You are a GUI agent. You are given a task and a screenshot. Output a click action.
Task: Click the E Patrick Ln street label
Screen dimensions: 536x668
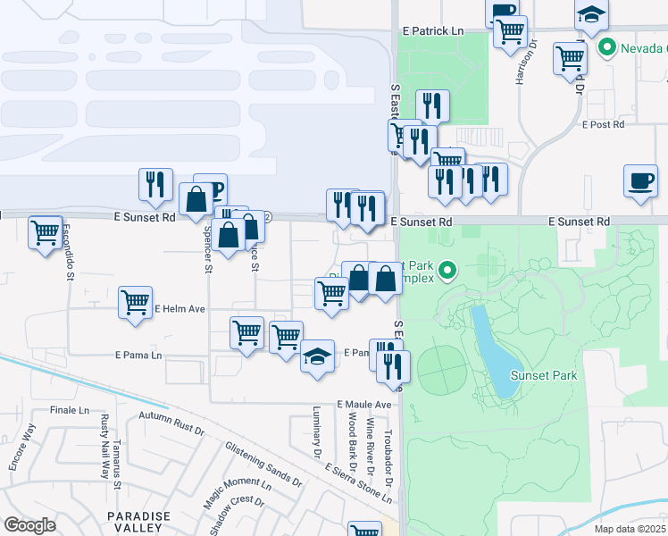click(433, 30)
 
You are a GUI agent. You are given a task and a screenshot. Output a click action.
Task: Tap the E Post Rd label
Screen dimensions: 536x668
click(603, 124)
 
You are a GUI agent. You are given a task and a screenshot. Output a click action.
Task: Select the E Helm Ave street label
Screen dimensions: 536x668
click(180, 309)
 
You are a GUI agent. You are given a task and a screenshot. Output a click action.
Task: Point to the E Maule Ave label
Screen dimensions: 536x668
click(364, 405)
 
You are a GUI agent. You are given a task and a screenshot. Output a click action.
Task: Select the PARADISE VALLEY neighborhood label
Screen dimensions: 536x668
click(138, 523)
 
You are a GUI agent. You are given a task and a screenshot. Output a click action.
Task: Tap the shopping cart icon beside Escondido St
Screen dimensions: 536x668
click(46, 234)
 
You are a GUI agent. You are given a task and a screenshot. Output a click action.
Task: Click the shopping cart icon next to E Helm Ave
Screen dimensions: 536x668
click(135, 302)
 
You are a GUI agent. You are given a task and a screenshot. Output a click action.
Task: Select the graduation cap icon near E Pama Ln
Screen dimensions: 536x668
click(317, 357)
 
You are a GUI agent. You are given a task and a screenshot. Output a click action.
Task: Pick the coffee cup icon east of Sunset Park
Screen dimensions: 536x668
click(640, 180)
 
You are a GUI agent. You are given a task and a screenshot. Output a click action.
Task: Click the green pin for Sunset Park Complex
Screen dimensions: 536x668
click(449, 267)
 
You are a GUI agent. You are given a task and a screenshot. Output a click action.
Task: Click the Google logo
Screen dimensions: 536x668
click(29, 525)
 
